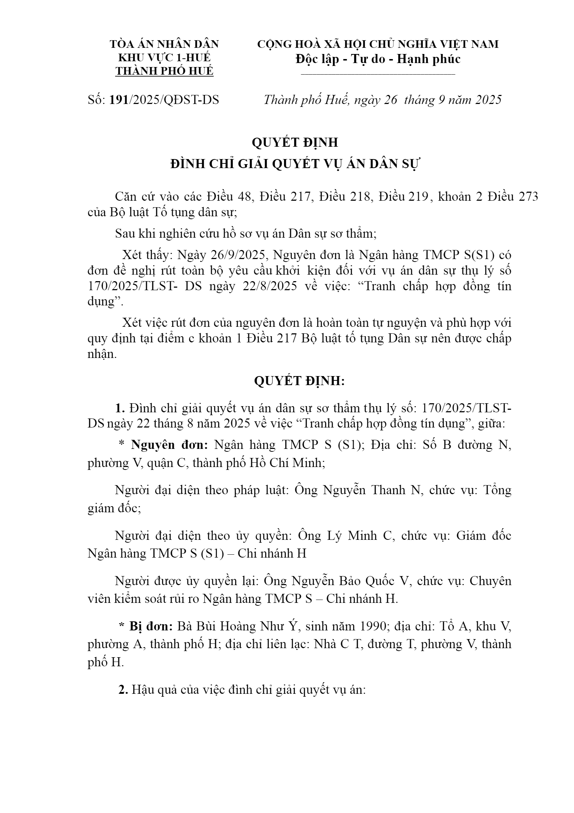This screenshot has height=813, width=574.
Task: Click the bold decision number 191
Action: pos(119,100)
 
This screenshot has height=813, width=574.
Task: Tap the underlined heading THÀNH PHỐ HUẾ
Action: pos(164,71)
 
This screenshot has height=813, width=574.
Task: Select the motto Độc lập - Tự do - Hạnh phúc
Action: pos(378,59)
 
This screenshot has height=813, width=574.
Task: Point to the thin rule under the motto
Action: pos(378,75)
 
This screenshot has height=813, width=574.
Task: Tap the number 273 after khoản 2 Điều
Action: pos(528,197)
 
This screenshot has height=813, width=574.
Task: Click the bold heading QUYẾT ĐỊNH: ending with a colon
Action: pos(299,381)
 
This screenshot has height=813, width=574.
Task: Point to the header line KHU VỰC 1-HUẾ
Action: pos(164,58)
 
